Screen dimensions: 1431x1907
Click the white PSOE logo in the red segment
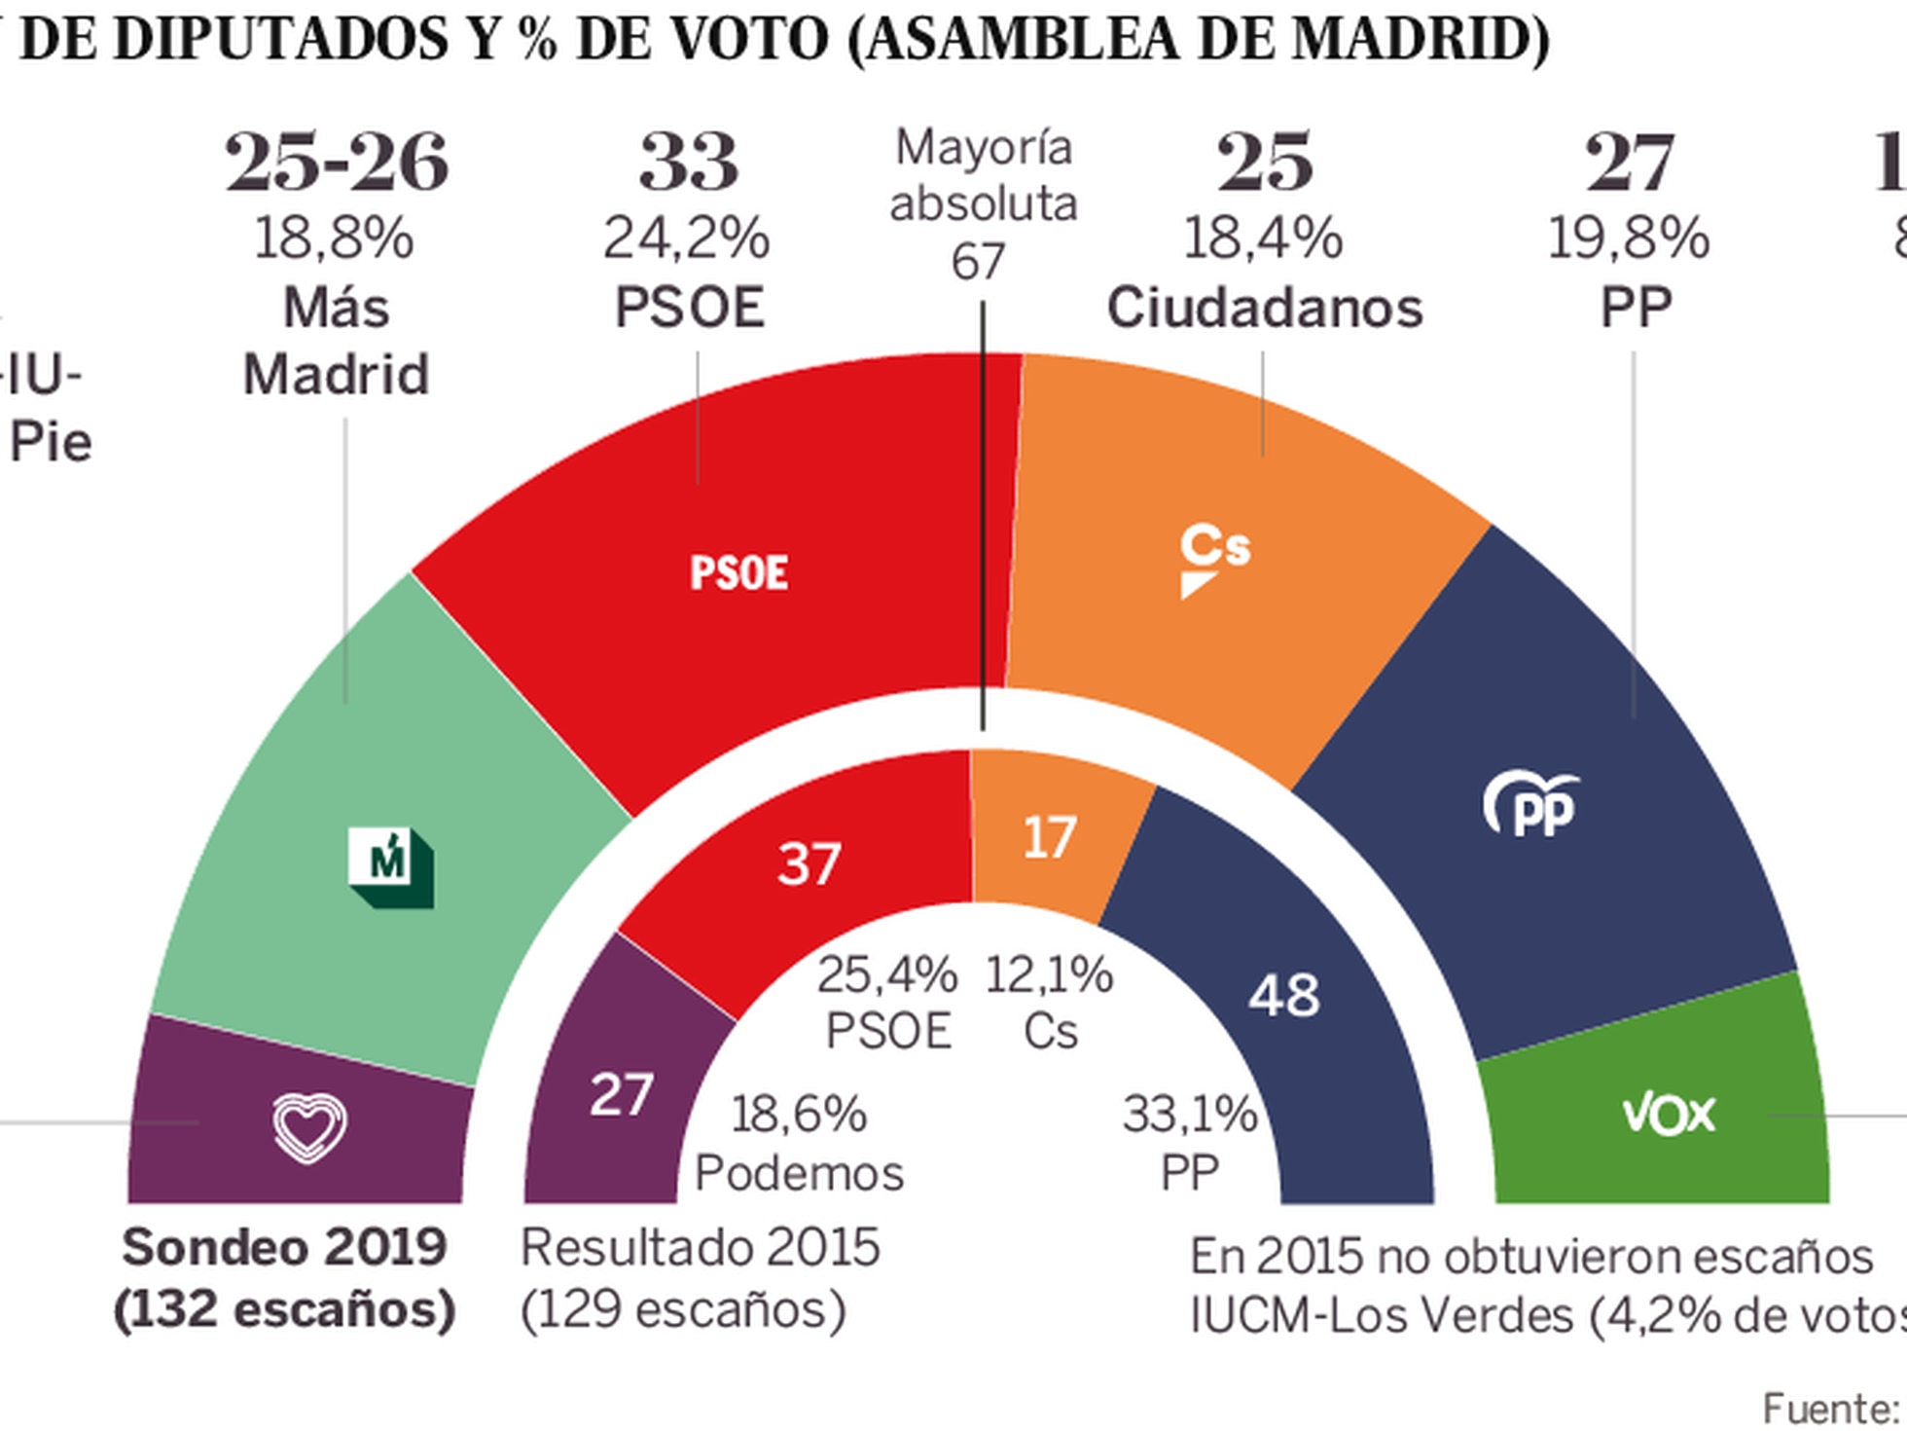pos(738,572)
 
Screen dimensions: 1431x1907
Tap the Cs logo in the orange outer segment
pos(1214,560)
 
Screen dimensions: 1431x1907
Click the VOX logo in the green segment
pos(1669,1114)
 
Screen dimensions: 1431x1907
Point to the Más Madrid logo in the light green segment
pos(391,866)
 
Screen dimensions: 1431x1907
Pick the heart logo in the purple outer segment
pos(308,1127)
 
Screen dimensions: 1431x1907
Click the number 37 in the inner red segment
pos(809,863)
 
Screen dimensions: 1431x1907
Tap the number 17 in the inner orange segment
pos(1049,837)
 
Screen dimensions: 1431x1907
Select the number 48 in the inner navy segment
pos(1284,995)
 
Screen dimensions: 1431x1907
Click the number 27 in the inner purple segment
pos(621,1094)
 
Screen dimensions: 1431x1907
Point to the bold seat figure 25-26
pos(337,162)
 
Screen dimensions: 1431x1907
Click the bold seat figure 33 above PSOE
pos(688,162)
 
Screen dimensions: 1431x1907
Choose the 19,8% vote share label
pos(1628,238)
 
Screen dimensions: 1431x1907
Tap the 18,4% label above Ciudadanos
pos(1263,238)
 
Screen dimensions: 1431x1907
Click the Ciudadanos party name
pos(1264,308)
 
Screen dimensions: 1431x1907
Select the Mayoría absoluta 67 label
pos(982,204)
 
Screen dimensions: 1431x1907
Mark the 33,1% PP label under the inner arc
pos(1189,1142)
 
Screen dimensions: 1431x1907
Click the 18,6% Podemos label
pos(799,1143)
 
